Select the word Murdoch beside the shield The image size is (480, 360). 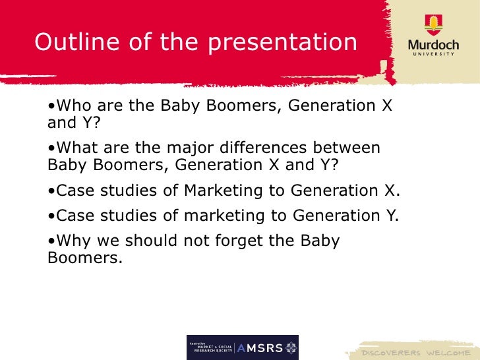[433, 45]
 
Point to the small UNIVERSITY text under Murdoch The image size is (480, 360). [433, 55]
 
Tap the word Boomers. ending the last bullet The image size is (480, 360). [86, 258]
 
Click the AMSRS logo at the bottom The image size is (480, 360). [243, 347]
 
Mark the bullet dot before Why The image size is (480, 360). [51, 241]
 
